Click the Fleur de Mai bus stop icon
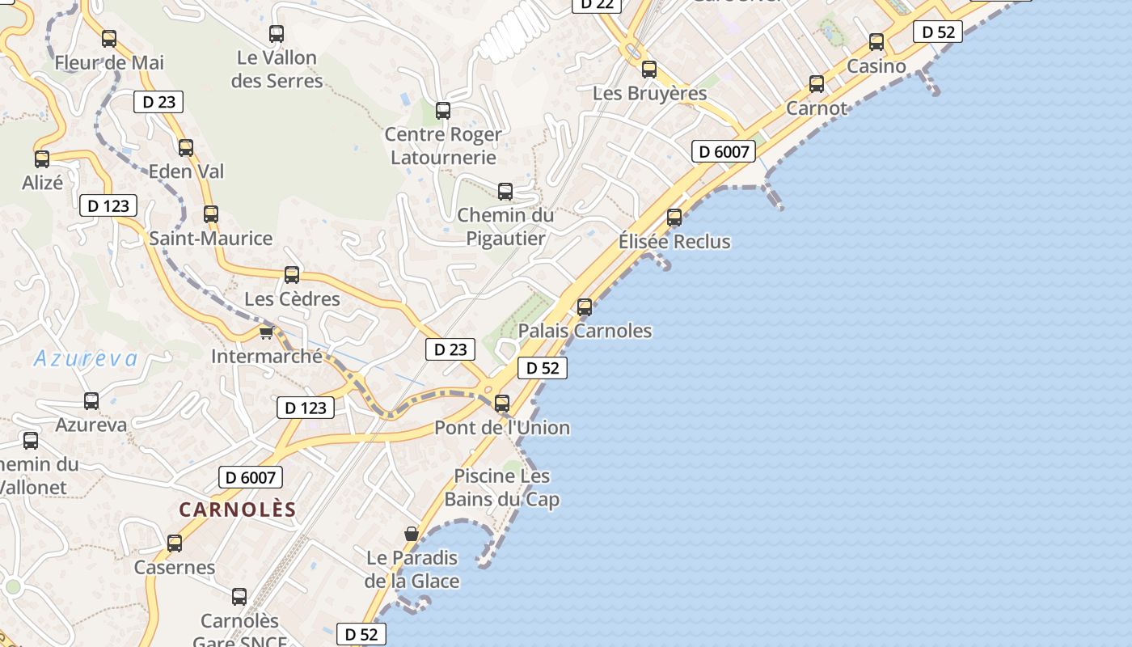point(109,38)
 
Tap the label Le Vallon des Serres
point(277,70)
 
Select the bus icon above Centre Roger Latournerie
point(443,111)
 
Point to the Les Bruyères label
point(650,93)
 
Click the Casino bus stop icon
point(876,42)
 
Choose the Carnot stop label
point(817,108)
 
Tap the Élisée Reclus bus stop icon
point(674,217)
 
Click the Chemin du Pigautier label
point(506,227)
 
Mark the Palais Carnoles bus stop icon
point(585,307)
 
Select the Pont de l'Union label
point(502,428)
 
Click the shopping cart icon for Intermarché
point(266,332)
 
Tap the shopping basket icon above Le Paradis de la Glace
point(412,534)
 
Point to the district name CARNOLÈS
point(238,510)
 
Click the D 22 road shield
point(597,4)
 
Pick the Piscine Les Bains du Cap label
point(502,488)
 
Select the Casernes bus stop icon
point(175,543)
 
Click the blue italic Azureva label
point(86,359)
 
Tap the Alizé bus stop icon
point(42,159)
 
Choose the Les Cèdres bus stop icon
point(292,275)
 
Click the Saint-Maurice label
point(211,239)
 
